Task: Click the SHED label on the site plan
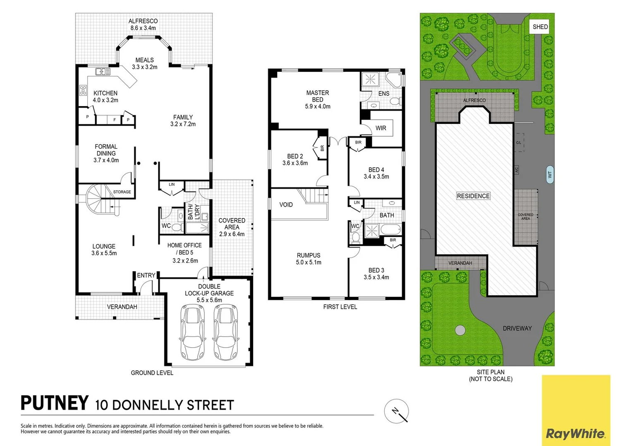coord(540,27)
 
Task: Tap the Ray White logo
coord(576,410)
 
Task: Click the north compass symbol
coord(396,411)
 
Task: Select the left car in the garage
coord(193,332)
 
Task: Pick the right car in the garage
coord(226,332)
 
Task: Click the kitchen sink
coord(103,71)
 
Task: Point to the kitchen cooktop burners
coord(83,90)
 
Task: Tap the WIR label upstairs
coord(381,128)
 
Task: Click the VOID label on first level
coord(286,205)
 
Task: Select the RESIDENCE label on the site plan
coord(473,196)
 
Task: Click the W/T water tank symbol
coord(550,174)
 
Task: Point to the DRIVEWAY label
coord(517,328)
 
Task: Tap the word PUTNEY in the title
coord(55,403)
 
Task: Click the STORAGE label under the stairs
coord(122,192)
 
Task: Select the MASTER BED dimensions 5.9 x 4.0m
coord(317,107)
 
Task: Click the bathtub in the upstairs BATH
coord(391,229)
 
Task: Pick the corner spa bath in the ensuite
coord(394,80)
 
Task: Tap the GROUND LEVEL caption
coord(152,373)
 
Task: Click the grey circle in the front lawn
coord(460,330)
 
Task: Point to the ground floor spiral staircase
coord(99,199)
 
